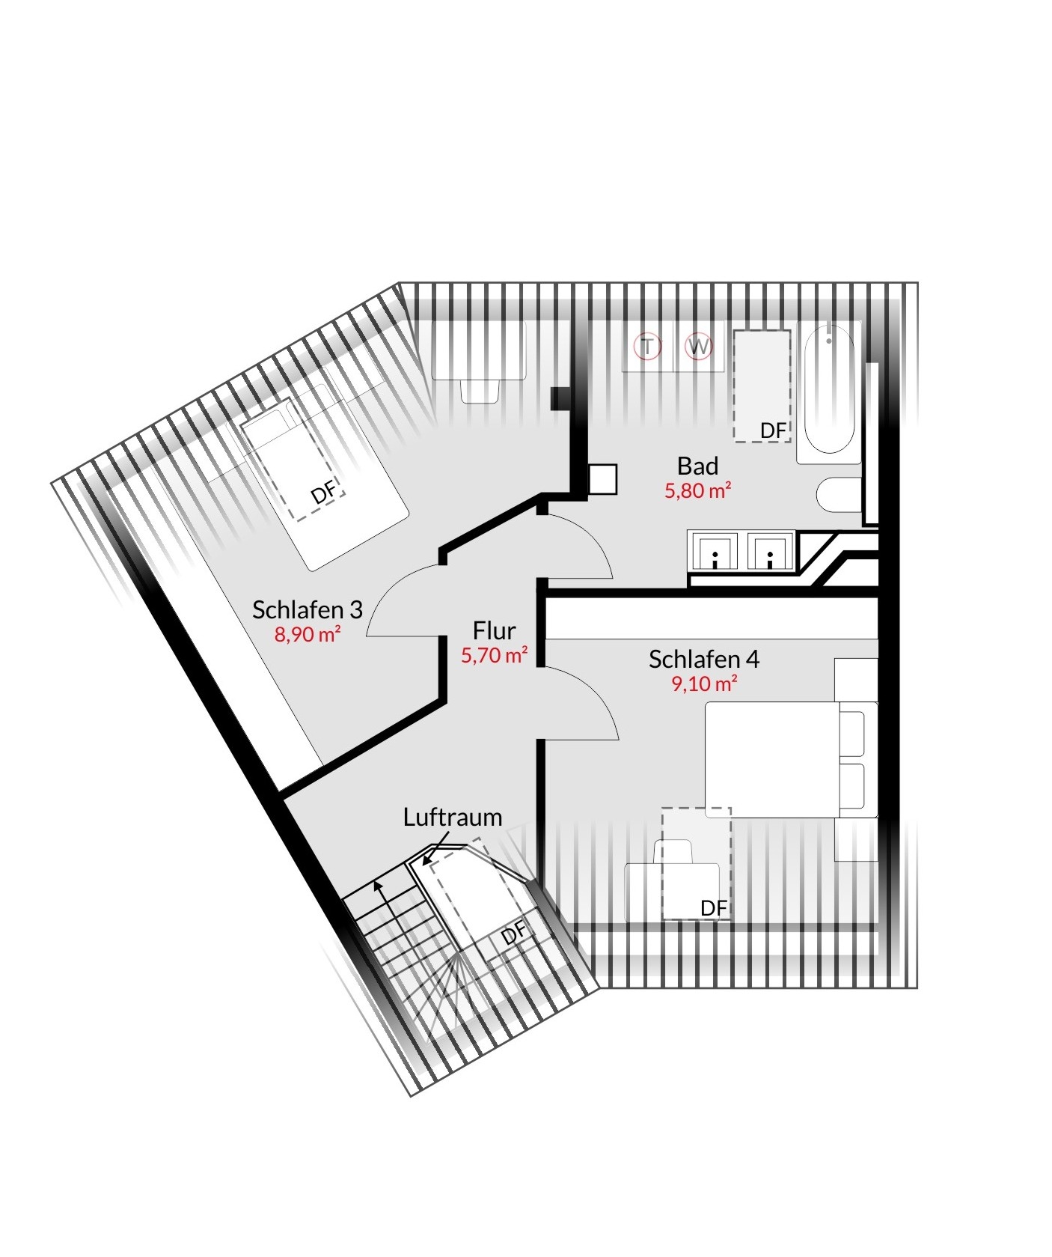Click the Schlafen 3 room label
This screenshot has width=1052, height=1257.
[307, 609]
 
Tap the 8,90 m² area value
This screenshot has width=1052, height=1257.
[308, 634]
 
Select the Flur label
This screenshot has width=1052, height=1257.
[494, 630]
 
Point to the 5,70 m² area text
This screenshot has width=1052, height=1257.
[494, 655]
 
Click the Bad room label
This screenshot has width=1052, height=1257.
[697, 466]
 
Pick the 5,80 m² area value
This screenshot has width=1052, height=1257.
[697, 490]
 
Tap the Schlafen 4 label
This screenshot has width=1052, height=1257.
[703, 659]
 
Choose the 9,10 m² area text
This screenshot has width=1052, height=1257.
[704, 684]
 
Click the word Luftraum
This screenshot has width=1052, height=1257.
[453, 817]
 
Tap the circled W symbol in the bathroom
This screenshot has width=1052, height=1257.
[699, 347]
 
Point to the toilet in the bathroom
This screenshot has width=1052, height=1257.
[839, 495]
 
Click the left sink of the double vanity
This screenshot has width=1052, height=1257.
[715, 552]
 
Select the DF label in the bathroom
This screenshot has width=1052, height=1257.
[773, 430]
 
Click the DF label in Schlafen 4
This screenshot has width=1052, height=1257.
[713, 908]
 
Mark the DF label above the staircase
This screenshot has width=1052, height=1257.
[513, 934]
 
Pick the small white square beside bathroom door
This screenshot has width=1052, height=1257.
[603, 480]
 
